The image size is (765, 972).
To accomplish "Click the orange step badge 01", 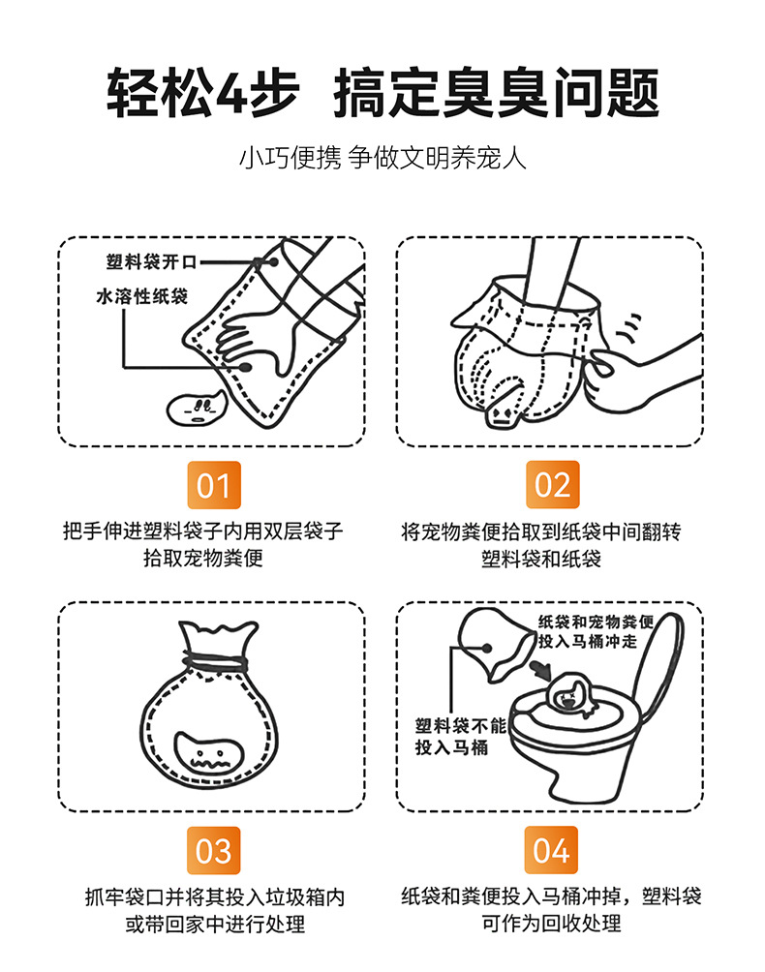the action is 214,485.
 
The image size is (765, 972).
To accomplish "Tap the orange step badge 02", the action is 552,485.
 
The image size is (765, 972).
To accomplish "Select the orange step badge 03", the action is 214,850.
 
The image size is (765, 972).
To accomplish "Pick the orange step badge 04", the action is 551,850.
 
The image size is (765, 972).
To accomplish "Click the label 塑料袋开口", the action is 151,261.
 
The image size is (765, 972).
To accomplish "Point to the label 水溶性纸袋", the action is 142,296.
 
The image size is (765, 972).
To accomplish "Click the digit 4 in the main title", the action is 230,93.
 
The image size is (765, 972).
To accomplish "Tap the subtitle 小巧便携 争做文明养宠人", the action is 382,158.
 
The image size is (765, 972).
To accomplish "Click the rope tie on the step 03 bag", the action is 217,662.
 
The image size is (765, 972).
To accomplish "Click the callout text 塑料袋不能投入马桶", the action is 460,737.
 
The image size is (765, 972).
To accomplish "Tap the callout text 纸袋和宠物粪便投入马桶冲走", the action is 596,631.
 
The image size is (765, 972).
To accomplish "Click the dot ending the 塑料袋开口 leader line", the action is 273,261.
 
